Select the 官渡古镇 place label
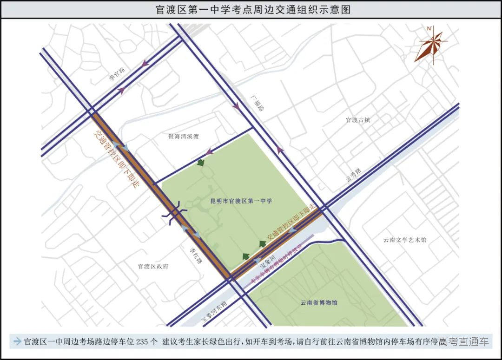[357, 120]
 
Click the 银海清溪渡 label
[183, 137]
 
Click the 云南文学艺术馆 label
[404, 240]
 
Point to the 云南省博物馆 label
[319, 302]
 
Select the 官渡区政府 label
[153, 267]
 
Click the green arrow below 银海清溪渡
[201, 162]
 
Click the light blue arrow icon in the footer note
[17, 341]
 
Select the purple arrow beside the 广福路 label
[237, 106]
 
